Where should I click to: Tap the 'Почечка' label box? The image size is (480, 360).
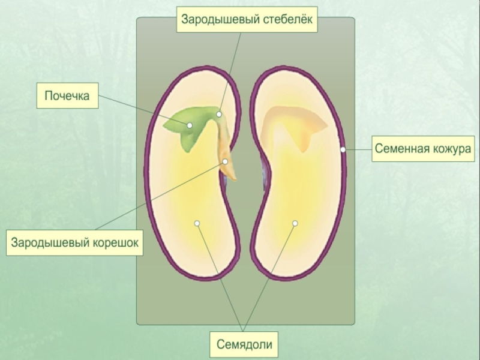click(x=67, y=96)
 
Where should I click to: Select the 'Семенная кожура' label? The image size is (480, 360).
click(x=424, y=148)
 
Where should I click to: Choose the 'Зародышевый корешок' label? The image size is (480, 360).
click(x=75, y=242)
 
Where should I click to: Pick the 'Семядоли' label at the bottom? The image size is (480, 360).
click(x=244, y=344)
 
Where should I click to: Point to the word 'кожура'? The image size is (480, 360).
click(x=449, y=148)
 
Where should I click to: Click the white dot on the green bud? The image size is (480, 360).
click(x=190, y=125)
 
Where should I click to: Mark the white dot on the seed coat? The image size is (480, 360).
click(x=343, y=149)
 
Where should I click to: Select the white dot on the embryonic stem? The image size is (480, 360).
click(x=219, y=114)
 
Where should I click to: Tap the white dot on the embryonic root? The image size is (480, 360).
click(x=225, y=161)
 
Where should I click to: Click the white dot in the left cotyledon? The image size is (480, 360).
click(x=196, y=223)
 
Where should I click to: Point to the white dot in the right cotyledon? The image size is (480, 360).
click(x=295, y=223)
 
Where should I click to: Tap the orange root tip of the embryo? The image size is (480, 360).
click(x=230, y=173)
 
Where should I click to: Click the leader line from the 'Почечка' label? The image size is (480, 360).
click(x=144, y=110)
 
